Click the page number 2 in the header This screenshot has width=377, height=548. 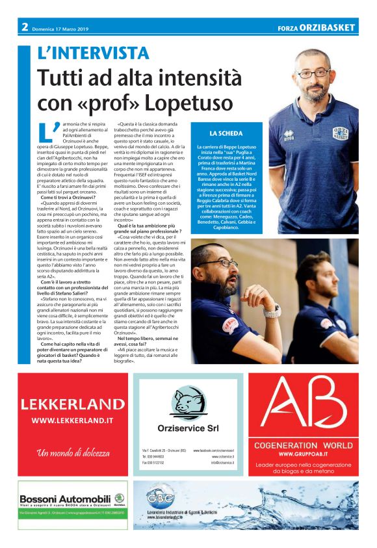(x=24, y=27)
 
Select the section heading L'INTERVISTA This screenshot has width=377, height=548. (x=93, y=53)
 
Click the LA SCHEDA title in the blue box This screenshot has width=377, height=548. (x=226, y=133)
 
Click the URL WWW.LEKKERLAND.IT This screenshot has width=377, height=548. (x=72, y=421)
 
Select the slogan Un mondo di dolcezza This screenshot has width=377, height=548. (x=71, y=453)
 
